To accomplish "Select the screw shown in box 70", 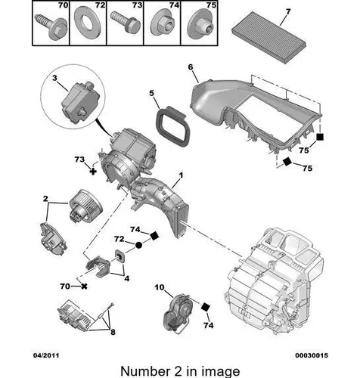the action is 51,26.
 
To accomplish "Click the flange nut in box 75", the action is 200,24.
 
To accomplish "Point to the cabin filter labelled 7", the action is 269,37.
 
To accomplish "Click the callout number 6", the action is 191,67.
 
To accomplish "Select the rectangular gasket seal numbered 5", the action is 173,127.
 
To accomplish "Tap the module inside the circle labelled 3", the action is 79,102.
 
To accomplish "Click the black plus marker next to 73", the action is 93,172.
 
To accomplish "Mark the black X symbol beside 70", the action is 84,287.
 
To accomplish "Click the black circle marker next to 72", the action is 138,245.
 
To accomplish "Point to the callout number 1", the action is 181,175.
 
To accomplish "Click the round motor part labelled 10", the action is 178,312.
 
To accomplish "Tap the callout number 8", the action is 113,332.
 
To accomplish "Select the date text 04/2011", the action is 46,355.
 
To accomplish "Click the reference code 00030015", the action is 312,355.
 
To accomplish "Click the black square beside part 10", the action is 206,307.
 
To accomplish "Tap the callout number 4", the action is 127,278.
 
